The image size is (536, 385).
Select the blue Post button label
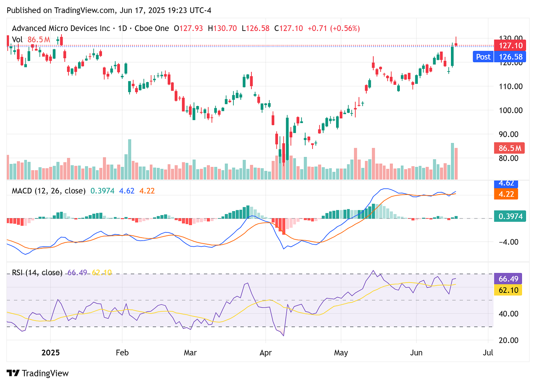(483, 57)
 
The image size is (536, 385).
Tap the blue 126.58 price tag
(510, 57)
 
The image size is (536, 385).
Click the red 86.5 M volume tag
(509, 148)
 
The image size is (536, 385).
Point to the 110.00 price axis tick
(511, 86)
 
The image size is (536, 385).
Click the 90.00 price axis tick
(511, 134)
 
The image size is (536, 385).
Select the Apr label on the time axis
(265, 353)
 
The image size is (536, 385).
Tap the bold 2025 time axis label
(50, 353)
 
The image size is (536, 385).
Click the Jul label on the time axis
(488, 353)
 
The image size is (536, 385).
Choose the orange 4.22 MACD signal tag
(506, 194)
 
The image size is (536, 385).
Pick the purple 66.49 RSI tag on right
(508, 279)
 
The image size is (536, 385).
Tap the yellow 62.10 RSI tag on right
(508, 290)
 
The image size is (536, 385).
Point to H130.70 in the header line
(222, 28)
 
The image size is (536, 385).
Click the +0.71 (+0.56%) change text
(334, 28)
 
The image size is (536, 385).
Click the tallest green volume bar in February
(130, 159)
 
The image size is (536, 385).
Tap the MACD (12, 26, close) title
(49, 191)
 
